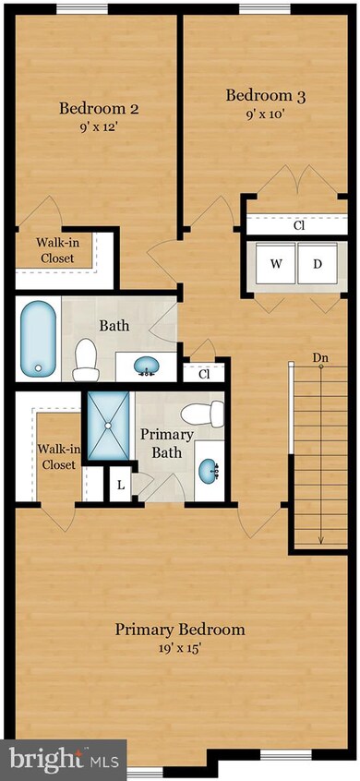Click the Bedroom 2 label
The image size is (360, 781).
click(x=99, y=109)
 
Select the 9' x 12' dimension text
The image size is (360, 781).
click(x=99, y=128)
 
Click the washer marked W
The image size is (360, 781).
click(x=276, y=264)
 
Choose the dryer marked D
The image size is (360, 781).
click(x=317, y=264)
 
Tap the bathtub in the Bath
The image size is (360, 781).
click(x=38, y=339)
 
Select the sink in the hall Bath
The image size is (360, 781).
click(x=145, y=367)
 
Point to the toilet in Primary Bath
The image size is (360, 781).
click(x=203, y=414)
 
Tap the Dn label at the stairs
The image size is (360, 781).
click(x=320, y=358)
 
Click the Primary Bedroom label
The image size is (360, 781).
click(x=180, y=630)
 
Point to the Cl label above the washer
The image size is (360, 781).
click(x=299, y=225)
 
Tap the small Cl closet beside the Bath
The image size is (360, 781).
click(x=203, y=374)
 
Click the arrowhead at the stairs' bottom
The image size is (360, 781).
click(x=320, y=539)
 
